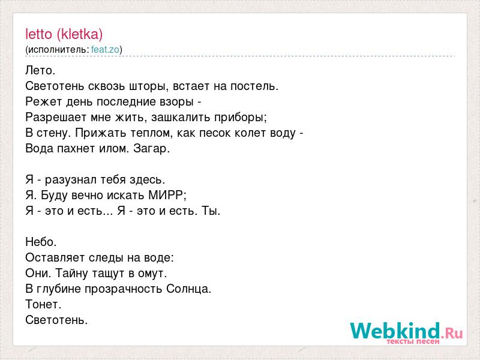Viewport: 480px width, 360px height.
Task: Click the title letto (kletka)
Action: pos(64,34)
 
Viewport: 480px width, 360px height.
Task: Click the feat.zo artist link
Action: pos(106,50)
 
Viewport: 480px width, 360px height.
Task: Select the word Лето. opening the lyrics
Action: pos(40,71)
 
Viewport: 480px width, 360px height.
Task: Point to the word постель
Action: pos(254,86)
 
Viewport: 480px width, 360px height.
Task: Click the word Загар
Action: pos(152,149)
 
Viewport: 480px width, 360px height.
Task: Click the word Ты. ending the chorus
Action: pos(211,211)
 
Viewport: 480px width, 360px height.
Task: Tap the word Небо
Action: pos(41,242)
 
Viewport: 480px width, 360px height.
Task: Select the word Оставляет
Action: pos(55,258)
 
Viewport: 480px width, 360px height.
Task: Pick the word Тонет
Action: pos(43,305)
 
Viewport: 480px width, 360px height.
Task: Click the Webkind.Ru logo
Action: pos(407,332)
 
